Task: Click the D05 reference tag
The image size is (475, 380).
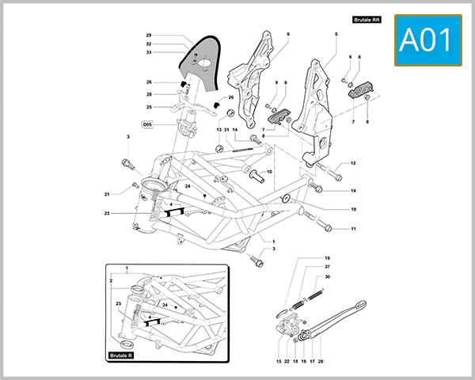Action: click(147, 124)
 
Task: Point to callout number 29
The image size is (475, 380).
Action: click(148, 36)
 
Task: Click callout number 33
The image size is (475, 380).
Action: click(148, 52)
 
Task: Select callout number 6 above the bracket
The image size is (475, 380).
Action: click(288, 34)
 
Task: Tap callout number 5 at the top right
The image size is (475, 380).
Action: click(336, 34)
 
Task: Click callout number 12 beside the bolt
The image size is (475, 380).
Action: click(353, 163)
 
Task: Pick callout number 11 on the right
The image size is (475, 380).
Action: click(353, 229)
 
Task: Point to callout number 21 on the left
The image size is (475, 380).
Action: click(107, 194)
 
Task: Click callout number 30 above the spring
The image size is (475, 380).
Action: click(327, 276)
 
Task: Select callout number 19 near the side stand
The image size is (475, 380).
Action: click(326, 258)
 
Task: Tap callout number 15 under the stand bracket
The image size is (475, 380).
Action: click(279, 361)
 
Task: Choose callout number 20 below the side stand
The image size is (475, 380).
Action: click(321, 361)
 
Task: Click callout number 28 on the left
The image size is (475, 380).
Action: click(148, 94)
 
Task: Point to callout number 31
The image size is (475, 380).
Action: click(226, 130)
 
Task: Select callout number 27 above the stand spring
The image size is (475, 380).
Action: click(327, 267)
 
